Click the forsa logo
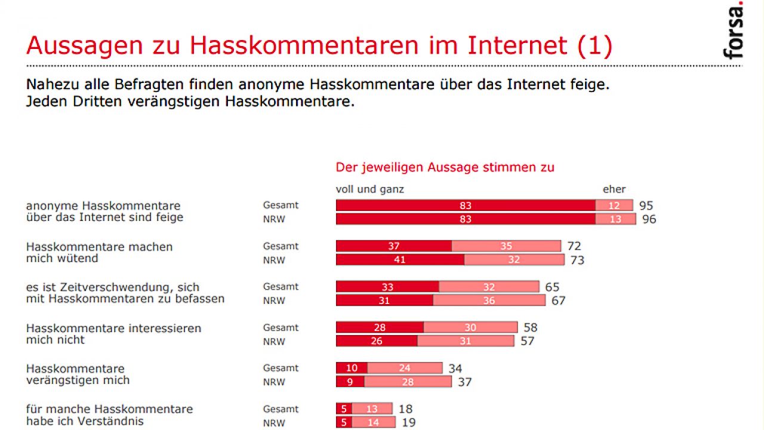click(x=734, y=31)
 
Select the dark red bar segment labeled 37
click(x=394, y=246)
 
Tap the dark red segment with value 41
click(x=400, y=260)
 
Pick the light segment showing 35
click(x=506, y=246)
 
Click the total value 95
click(x=646, y=205)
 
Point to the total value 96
click(x=649, y=219)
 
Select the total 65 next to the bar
click(x=552, y=287)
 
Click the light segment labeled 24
click(x=405, y=368)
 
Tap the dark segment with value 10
click(x=352, y=368)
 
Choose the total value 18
click(x=405, y=409)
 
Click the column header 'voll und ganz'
click(x=370, y=189)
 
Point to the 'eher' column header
click(x=614, y=189)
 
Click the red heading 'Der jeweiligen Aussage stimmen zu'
click(x=445, y=167)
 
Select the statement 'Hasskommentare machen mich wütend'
click(x=99, y=253)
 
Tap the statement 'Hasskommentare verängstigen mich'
click(x=78, y=374)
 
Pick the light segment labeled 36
click(x=489, y=300)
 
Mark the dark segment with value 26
click(x=377, y=341)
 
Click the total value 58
click(x=530, y=327)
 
